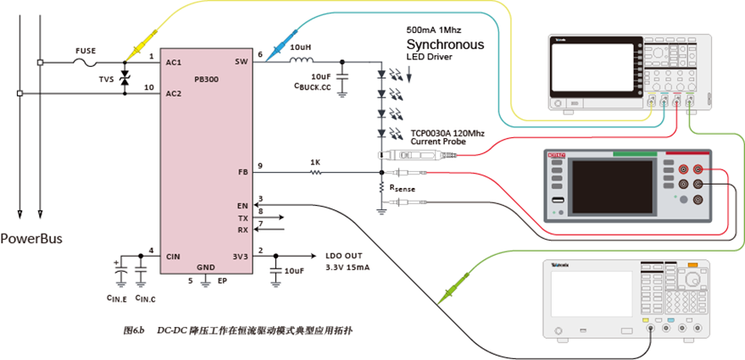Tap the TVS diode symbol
[125, 79]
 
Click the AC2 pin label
[173, 94]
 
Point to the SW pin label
[241, 62]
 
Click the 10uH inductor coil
[301, 61]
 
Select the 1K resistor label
[314, 162]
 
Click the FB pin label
[243, 172]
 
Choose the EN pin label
[243, 205]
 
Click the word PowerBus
[31, 238]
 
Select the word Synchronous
[445, 44]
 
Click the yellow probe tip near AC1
[136, 51]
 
